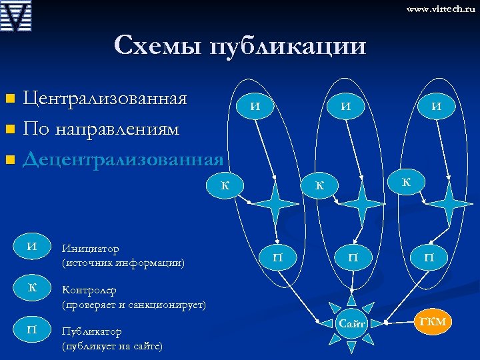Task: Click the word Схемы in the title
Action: (157, 46)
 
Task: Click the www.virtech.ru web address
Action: (440, 10)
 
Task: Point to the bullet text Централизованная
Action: (105, 99)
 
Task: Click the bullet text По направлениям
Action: (101, 129)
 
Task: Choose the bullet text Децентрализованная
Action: (123, 159)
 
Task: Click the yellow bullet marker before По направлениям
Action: (9, 129)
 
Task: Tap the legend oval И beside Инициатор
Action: (31, 247)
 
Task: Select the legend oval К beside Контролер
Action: (31, 288)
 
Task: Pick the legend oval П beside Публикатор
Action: (31, 330)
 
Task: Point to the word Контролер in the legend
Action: (89, 291)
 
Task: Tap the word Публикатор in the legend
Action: (92, 332)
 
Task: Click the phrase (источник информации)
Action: (123, 263)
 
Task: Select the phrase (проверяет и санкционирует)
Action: (133, 305)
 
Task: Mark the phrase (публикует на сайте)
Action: (111, 347)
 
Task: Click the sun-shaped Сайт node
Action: (351, 324)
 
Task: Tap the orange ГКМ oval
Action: (433, 323)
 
